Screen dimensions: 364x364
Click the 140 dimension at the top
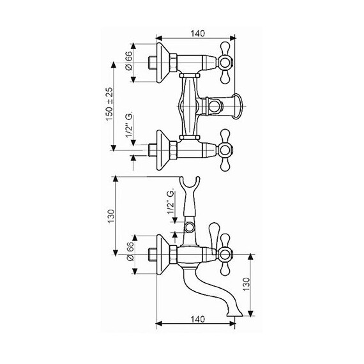click(198, 33)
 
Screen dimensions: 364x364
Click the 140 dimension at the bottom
click(198, 319)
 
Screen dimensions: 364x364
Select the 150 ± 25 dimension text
click(110, 104)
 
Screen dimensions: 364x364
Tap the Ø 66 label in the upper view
click(128, 61)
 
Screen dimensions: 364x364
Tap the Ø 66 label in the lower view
click(130, 251)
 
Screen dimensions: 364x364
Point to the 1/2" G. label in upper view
click(129, 125)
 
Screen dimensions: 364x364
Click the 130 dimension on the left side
click(111, 216)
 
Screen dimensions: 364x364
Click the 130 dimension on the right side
click(246, 284)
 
